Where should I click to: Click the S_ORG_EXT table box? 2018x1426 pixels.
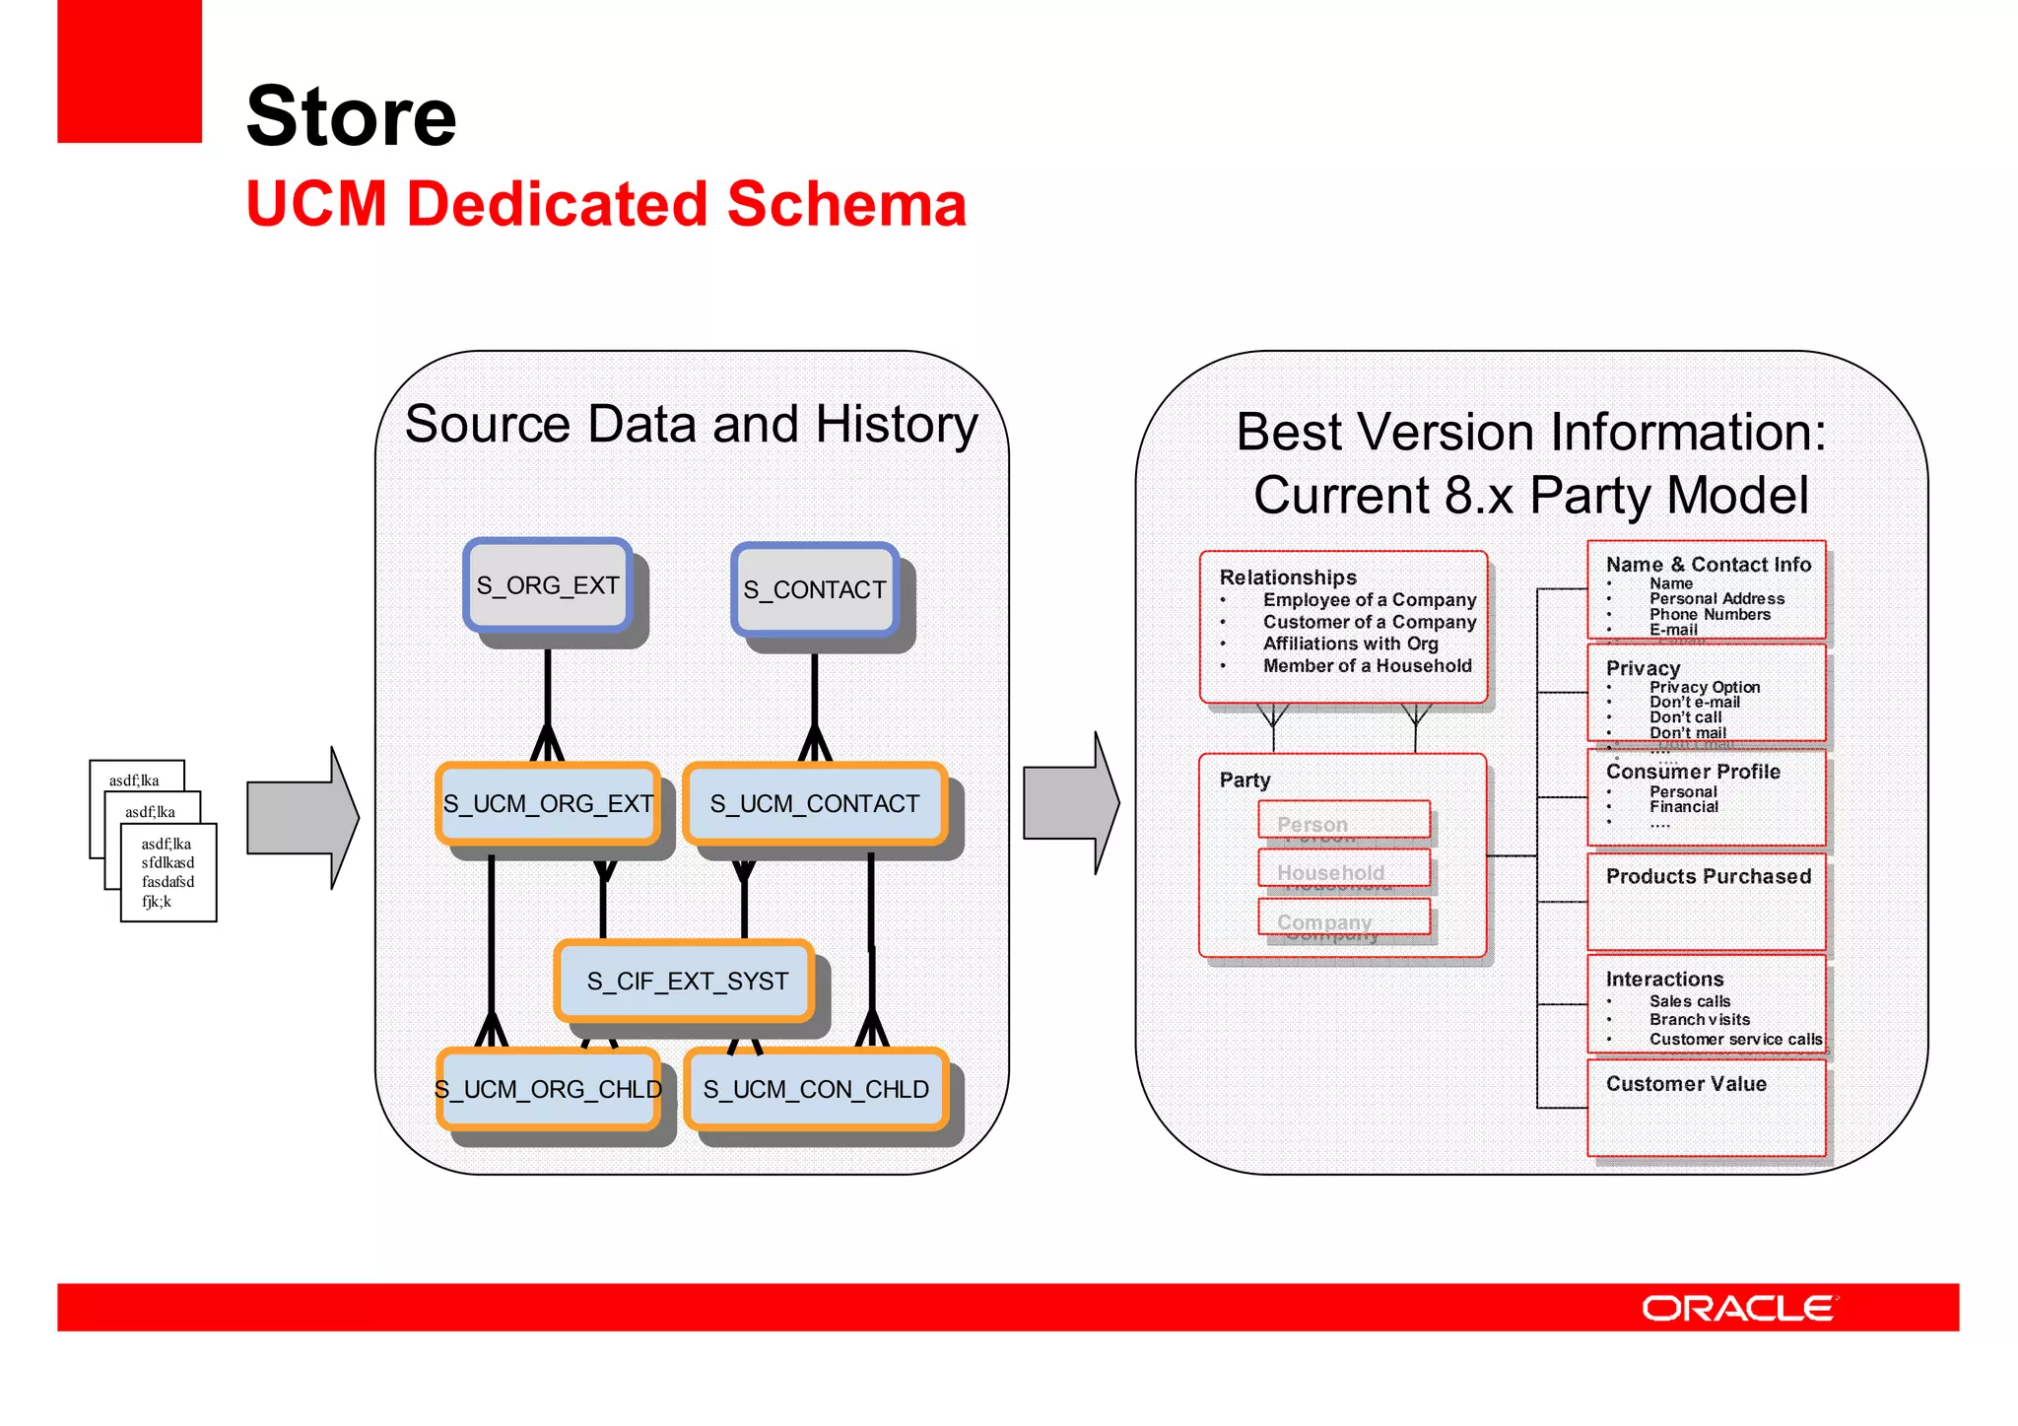(x=548, y=585)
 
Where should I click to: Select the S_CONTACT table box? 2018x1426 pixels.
(x=815, y=589)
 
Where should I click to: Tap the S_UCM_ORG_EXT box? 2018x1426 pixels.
(x=548, y=804)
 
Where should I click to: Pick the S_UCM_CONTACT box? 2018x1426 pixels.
(x=815, y=804)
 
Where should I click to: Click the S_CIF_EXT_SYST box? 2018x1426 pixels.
(x=687, y=982)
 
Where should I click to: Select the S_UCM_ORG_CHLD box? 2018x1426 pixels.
(x=548, y=1089)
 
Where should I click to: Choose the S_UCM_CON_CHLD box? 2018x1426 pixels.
(x=816, y=1089)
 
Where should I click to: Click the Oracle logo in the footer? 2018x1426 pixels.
(x=1738, y=1309)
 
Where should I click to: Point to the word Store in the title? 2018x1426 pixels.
(x=351, y=116)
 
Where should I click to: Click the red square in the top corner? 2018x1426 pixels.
(x=129, y=71)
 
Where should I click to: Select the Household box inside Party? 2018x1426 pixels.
(x=1344, y=870)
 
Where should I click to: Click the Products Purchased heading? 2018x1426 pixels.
(x=1708, y=876)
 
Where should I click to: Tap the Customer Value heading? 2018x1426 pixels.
(x=1686, y=1084)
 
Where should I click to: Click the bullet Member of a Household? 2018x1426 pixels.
(x=1367, y=666)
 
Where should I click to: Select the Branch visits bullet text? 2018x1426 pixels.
(x=1700, y=1020)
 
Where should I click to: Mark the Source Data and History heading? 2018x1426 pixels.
(x=691, y=425)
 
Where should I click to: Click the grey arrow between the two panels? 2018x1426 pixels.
(x=1070, y=803)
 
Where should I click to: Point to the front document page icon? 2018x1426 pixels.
(x=168, y=873)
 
